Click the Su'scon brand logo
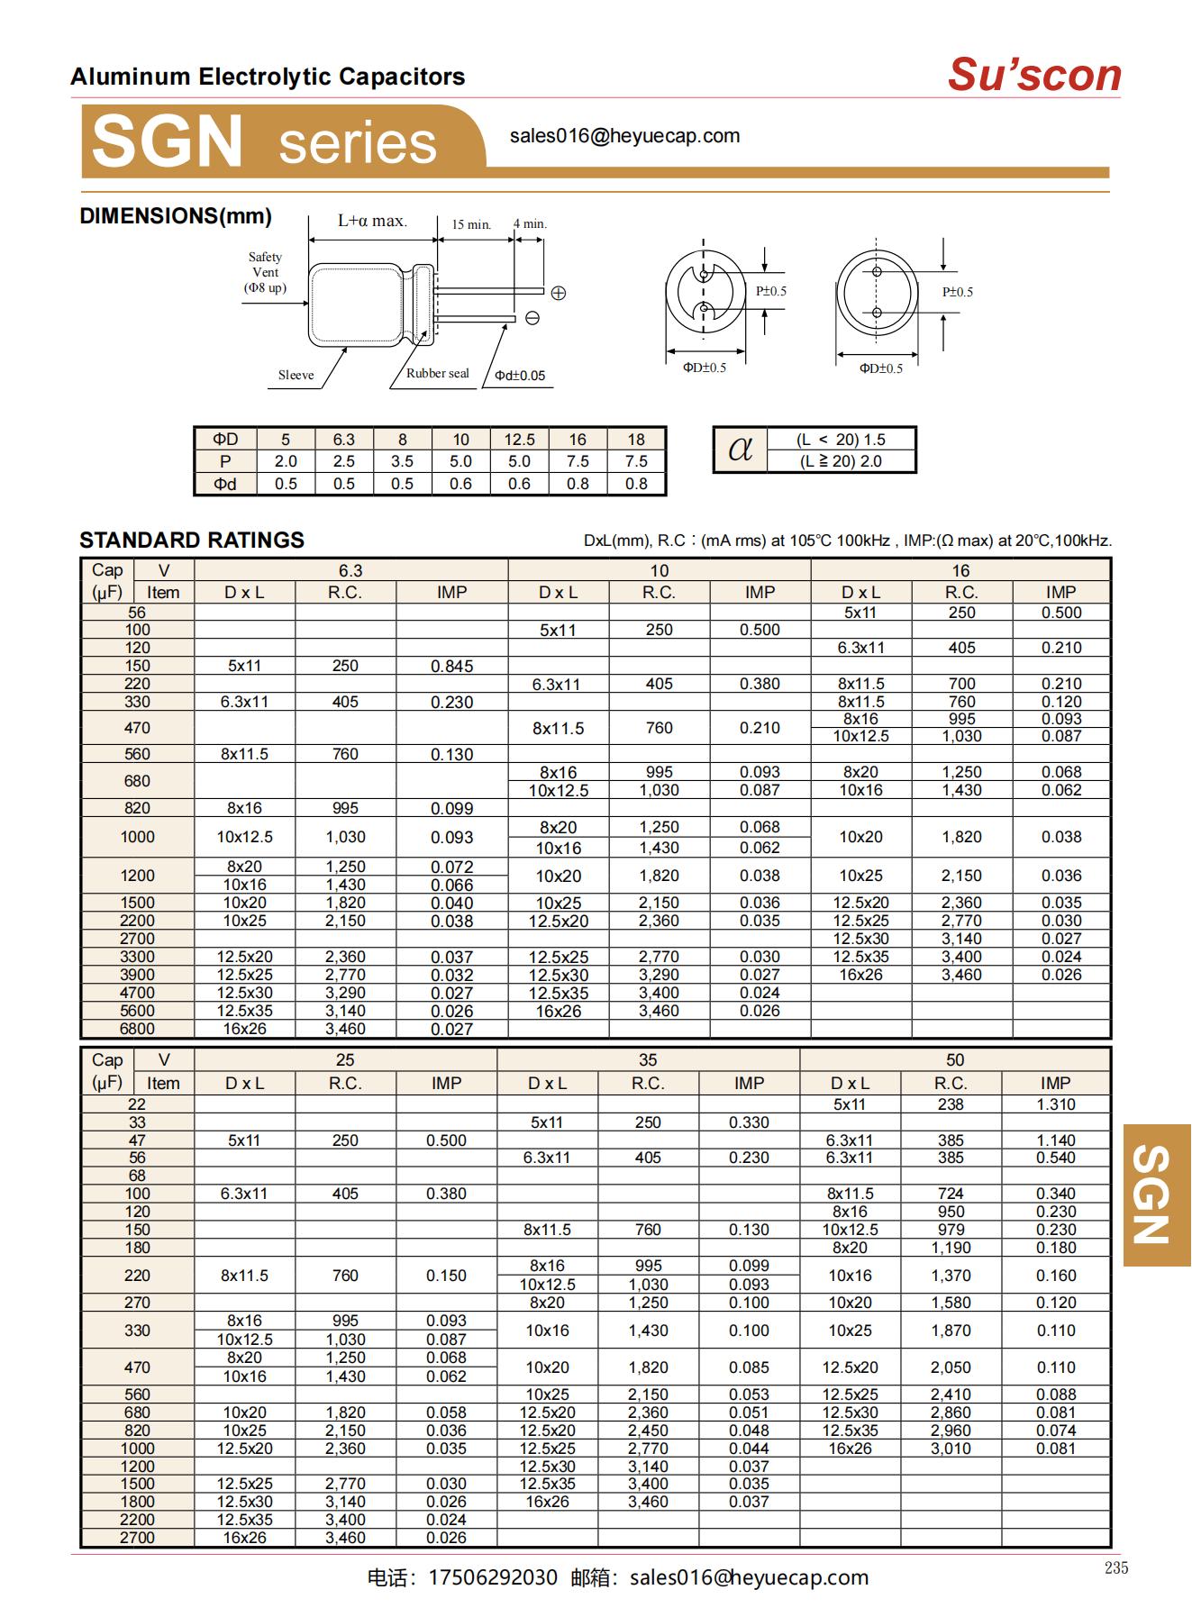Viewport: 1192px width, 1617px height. pos(1033,75)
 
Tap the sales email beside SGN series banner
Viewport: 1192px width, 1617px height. pos(624,136)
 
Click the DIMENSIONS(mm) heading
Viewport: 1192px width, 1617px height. pos(176,216)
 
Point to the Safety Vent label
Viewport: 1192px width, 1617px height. pos(265,272)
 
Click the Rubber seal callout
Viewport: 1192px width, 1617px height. pos(437,374)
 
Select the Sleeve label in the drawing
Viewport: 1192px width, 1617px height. pos(296,376)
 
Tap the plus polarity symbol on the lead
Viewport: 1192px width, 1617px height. pos(558,293)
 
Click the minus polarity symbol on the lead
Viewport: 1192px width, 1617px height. pos(532,318)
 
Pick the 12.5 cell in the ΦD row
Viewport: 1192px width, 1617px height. pos(519,440)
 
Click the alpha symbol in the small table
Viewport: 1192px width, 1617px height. pos(740,449)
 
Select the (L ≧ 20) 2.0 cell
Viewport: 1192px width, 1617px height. pos(841,461)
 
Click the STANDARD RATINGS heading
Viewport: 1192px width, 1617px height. pos(192,541)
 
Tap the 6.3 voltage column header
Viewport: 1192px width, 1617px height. pos(350,570)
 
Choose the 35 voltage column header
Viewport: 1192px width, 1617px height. pos(648,1060)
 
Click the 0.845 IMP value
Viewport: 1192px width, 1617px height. pos(451,667)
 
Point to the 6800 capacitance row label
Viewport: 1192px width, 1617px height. pos(137,1029)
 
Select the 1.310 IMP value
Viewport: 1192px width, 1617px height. pos(1055,1104)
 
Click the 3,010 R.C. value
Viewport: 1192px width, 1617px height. pos(951,1449)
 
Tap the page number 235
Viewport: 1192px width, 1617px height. pos(1115,1568)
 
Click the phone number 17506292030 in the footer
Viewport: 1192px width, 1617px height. pos(493,1577)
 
